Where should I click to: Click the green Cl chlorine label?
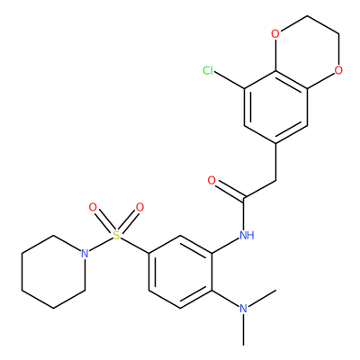[x=208, y=71]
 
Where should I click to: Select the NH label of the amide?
[x=247, y=235]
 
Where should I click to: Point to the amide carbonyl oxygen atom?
[x=211, y=181]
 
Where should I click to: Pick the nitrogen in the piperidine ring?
[x=85, y=254]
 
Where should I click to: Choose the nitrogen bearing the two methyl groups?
[x=244, y=309]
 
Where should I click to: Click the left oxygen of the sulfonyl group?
[x=93, y=207]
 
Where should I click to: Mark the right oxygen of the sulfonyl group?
[x=139, y=207]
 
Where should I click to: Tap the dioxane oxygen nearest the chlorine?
[x=275, y=34]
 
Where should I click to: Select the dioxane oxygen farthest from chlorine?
[x=338, y=71]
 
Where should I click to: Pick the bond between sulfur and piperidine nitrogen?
[x=102, y=244]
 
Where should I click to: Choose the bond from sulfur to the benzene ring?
[x=135, y=246]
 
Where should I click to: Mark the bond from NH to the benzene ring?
[x=226, y=246]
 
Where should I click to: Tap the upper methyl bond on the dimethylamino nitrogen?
[x=262, y=299]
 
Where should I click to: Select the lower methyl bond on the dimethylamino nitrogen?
[x=244, y=329]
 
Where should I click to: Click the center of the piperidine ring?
[x=53, y=272]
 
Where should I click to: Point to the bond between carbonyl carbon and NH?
[x=245, y=213]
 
